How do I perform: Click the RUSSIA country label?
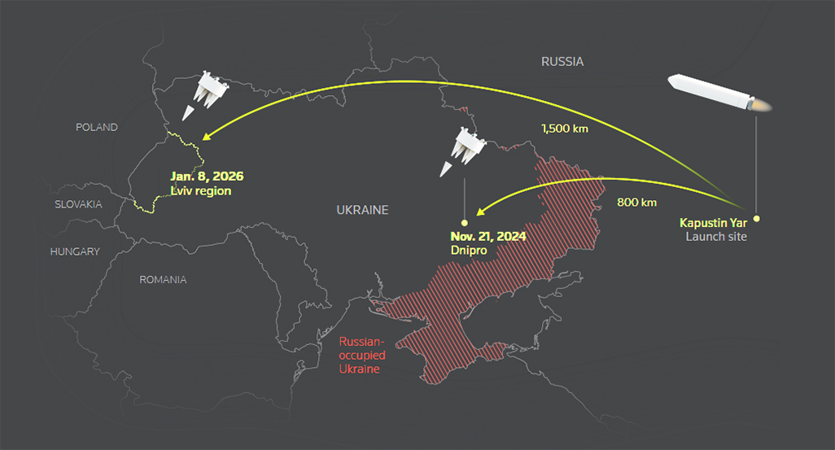click(x=562, y=61)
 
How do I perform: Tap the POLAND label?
click(x=96, y=127)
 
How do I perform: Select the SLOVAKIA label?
click(x=78, y=204)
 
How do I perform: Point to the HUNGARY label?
click(x=75, y=251)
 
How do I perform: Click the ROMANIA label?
click(x=163, y=279)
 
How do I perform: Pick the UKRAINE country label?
click(x=362, y=210)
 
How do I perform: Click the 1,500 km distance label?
click(x=564, y=128)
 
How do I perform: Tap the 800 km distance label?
click(x=636, y=202)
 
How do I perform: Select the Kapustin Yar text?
click(x=713, y=222)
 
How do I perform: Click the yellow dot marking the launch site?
click(x=756, y=219)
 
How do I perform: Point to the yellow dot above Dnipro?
click(x=465, y=222)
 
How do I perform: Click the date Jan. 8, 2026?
click(x=207, y=176)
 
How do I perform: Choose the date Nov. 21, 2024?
click(x=487, y=236)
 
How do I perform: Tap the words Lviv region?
click(x=201, y=190)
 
